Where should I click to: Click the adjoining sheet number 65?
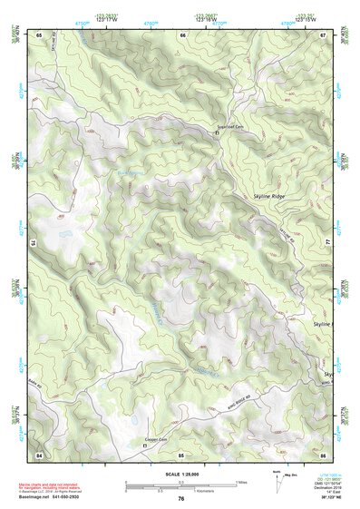pos(39,34)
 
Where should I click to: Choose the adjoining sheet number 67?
pos(324,34)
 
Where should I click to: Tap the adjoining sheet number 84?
pos(39,452)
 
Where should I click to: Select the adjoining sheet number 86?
pos(324,452)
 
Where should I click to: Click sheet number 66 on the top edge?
pos(182,34)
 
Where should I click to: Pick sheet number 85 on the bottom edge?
pos(181,452)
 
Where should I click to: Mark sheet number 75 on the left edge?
pos(33,243)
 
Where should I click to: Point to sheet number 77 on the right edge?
pos(328,243)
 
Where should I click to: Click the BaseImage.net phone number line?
pos(45,498)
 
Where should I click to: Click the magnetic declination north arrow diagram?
pos(277,480)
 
